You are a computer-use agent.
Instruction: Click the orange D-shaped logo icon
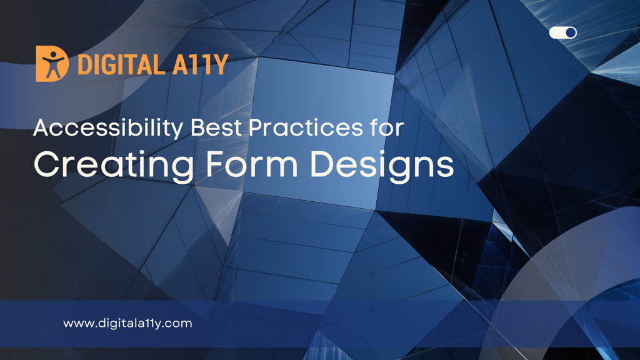[52, 63]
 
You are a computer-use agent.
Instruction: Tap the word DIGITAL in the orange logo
[121, 64]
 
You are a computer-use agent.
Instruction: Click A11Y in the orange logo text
[200, 64]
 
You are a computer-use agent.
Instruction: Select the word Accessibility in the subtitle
[108, 128]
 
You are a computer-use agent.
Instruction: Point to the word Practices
[306, 127]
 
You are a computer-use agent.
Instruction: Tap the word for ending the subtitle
[387, 127]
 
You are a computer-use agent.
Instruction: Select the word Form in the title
[251, 164]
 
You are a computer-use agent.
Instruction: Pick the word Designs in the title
[382, 166]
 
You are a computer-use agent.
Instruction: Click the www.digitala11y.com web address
[127, 323]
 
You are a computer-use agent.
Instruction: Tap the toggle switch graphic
[563, 32]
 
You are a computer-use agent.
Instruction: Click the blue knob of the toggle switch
[571, 32]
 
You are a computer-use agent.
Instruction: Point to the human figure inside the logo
[52, 64]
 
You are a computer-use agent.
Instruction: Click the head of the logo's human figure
[52, 54]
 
